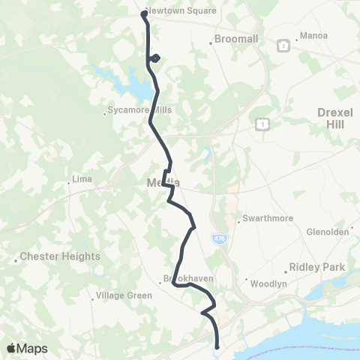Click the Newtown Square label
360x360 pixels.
[x=180, y=11]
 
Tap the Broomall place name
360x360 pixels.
[x=236, y=37]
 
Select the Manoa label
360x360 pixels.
[x=313, y=35]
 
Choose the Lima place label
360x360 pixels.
[x=80, y=179]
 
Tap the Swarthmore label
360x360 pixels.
[x=263, y=220]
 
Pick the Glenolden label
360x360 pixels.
[x=328, y=232]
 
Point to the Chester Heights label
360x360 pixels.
[x=60, y=256]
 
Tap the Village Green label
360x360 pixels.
[x=123, y=295]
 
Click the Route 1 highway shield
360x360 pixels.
[x=262, y=123]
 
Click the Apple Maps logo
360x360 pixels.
[x=27, y=348]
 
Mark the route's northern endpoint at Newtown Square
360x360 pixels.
[x=144, y=13]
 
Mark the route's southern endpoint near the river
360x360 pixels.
[x=217, y=346]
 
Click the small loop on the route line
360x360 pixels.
[x=154, y=58]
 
